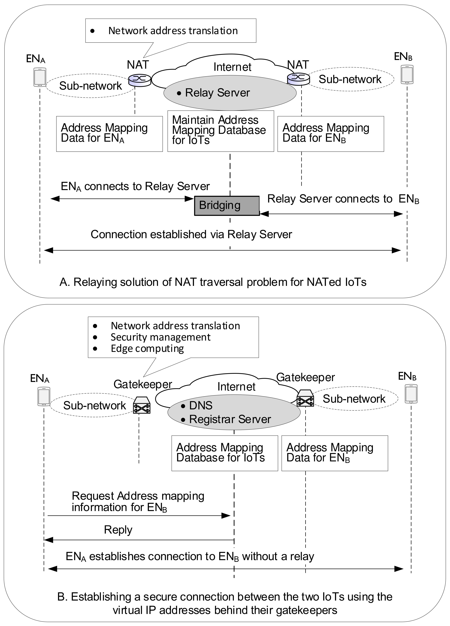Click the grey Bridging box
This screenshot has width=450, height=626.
tap(227, 206)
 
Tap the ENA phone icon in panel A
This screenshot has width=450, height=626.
tap(40, 77)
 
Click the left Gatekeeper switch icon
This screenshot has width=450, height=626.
tap(142, 405)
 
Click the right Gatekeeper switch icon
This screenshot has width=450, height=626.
tap(305, 398)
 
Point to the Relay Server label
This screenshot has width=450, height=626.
tap(217, 93)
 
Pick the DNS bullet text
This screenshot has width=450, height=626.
tap(200, 405)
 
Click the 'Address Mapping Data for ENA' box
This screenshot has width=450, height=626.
tap(109, 134)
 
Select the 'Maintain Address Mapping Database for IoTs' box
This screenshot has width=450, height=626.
tap(221, 131)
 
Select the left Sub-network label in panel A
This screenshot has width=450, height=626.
tap(90, 86)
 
